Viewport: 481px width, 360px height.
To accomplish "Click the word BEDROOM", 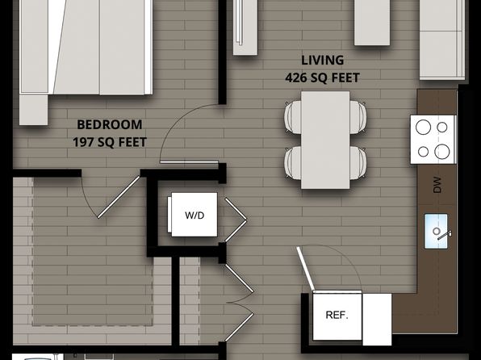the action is click(x=110, y=124).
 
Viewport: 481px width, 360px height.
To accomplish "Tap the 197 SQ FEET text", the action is click(x=110, y=142).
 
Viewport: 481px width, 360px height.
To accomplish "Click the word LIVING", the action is click(x=322, y=61).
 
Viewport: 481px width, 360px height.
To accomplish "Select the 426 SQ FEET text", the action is click(x=322, y=77).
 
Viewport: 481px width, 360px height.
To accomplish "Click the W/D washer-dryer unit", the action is click(x=194, y=215).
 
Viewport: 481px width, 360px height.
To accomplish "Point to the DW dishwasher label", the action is click(x=437, y=185).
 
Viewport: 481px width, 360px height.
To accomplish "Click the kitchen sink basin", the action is click(x=436, y=231).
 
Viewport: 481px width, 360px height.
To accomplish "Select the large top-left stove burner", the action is click(x=423, y=127).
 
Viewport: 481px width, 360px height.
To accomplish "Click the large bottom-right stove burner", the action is click(x=442, y=151).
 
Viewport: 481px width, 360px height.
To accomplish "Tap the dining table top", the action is click(x=325, y=140).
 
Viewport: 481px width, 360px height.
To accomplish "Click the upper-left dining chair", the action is click(x=293, y=117).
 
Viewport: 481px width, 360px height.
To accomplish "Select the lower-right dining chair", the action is click(x=358, y=163).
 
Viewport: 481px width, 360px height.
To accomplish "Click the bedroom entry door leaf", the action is click(x=189, y=162).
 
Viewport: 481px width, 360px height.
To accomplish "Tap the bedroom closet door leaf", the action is click(x=119, y=197).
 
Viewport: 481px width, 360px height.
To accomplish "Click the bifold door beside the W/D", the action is click(x=236, y=220).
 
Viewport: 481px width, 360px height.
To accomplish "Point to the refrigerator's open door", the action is click(x=306, y=269).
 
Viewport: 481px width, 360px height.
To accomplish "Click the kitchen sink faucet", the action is click(x=444, y=235).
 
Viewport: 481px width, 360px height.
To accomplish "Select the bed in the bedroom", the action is click(x=86, y=47).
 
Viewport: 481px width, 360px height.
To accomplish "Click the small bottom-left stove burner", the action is click(x=424, y=152).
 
